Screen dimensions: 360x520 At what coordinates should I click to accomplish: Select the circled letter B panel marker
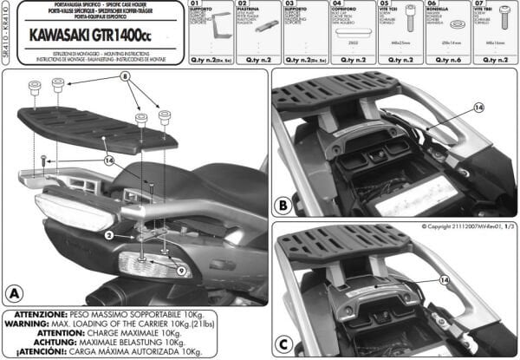tap(283, 206)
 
